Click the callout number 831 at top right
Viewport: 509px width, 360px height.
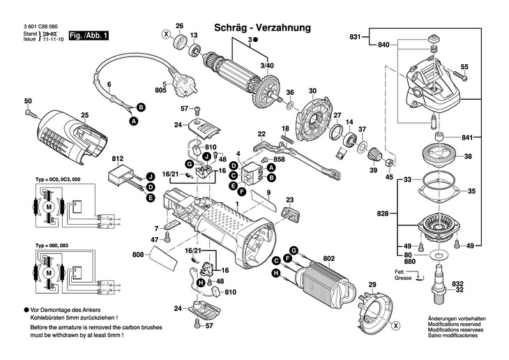click(355, 36)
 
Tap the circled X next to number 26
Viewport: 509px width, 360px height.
click(165, 33)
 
